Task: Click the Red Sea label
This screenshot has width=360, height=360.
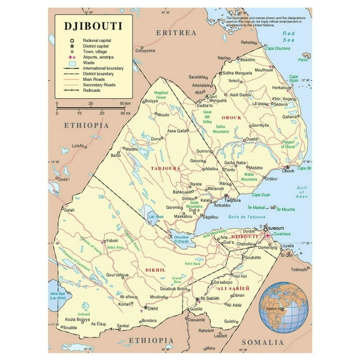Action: coord(288,36)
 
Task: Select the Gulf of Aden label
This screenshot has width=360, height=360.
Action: coord(304,192)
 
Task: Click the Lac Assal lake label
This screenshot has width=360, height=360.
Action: coord(156,216)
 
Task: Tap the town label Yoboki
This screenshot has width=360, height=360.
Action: coord(112,240)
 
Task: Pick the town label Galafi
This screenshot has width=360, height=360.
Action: coord(69,210)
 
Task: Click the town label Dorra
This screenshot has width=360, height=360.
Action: coord(156,139)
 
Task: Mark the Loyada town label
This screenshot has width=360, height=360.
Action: coord(287,246)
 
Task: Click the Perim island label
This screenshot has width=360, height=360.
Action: coord(304,60)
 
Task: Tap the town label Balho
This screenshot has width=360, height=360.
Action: coord(116,155)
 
